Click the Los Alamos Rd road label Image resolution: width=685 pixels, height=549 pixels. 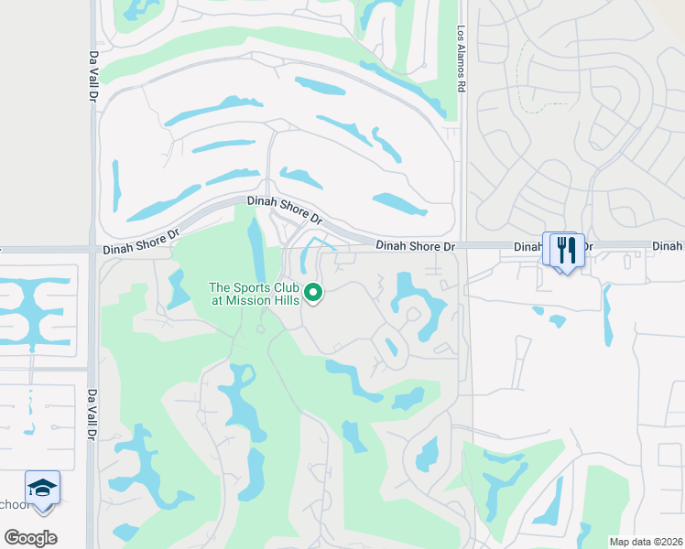point(462,56)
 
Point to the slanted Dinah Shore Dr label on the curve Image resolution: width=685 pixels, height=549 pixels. point(284,210)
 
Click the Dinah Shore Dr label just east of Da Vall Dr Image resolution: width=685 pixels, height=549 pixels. point(140,242)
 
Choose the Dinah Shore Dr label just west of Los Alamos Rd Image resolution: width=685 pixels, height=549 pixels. point(417,246)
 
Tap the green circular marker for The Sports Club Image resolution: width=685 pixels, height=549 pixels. point(314,294)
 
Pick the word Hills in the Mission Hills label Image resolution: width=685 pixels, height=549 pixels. point(284,301)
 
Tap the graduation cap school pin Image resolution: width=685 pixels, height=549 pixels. point(42,489)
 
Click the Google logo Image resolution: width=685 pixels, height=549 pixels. point(30,538)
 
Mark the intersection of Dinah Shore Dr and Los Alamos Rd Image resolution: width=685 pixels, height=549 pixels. point(462,246)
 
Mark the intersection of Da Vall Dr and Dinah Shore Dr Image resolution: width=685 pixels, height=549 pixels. point(93,249)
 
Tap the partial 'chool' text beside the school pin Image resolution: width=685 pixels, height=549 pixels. point(12,504)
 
